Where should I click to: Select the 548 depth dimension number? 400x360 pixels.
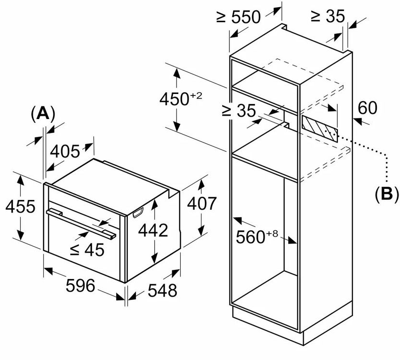point(161,290)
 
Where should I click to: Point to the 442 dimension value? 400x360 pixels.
point(153,230)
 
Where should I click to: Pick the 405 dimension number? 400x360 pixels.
point(65,152)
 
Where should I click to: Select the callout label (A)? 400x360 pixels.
point(42,114)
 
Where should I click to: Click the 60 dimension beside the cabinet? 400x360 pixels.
point(367,108)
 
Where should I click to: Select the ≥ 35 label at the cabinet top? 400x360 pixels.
point(328,17)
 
